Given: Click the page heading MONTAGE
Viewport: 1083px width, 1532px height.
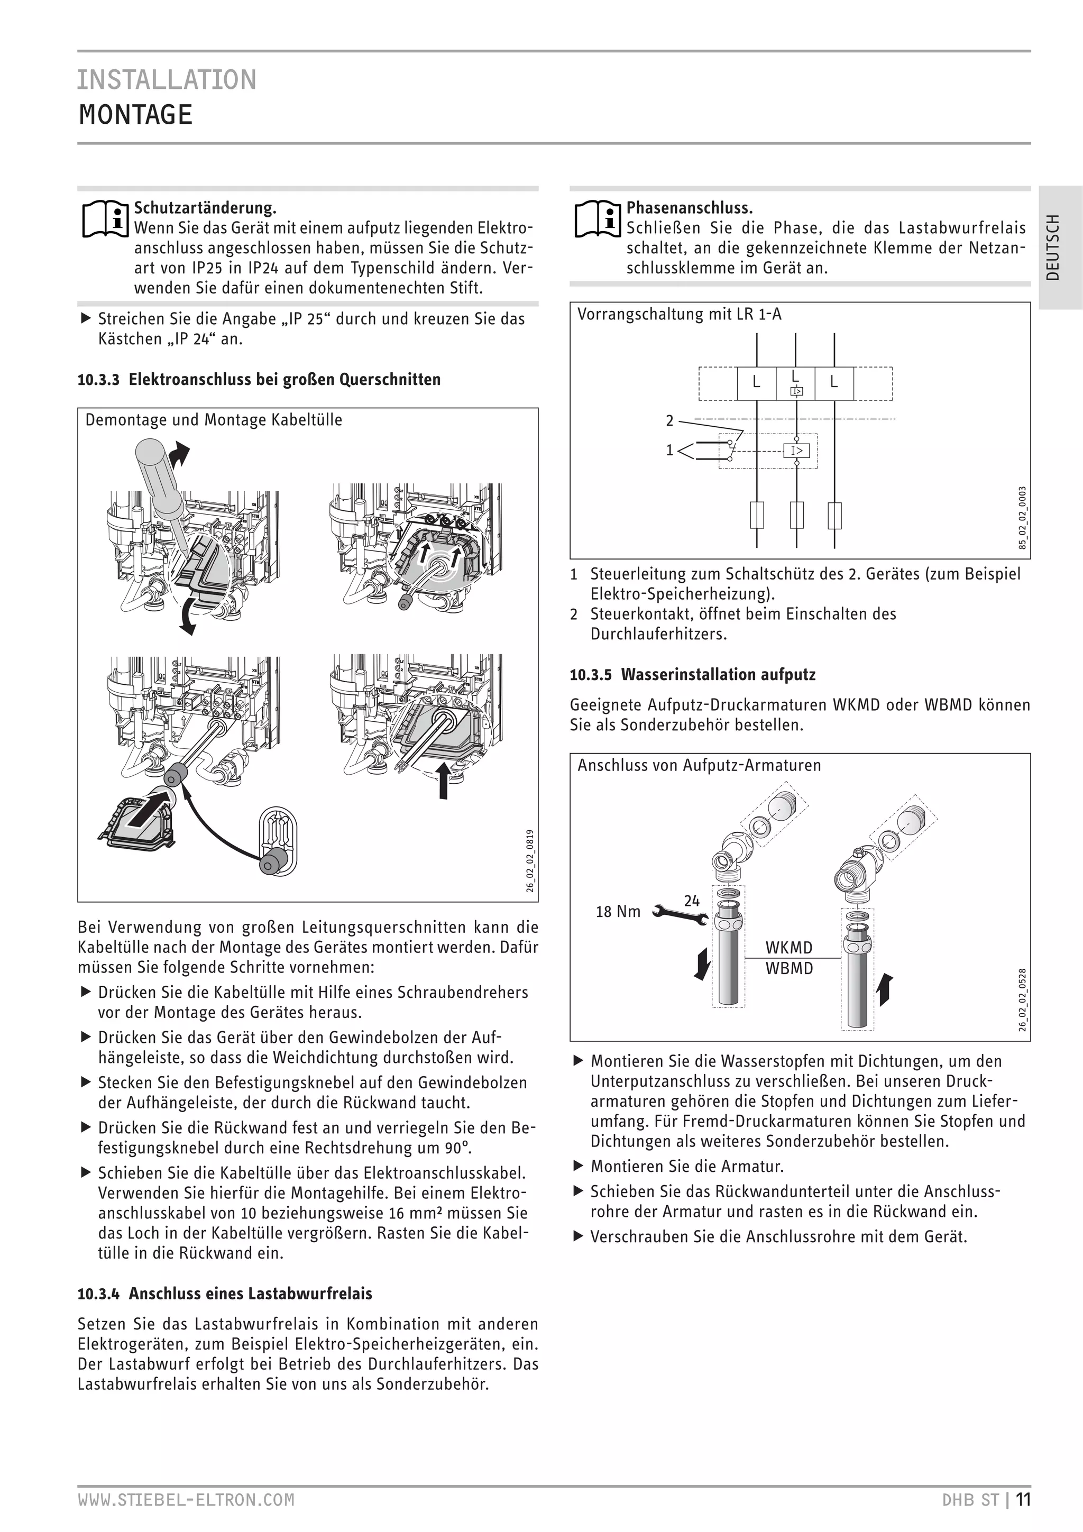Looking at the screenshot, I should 135,115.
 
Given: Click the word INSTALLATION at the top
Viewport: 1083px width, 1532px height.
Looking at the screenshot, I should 167,80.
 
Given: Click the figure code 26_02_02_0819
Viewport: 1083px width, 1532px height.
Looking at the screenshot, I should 530,861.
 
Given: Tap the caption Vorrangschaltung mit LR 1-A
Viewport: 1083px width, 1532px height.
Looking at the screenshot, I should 680,314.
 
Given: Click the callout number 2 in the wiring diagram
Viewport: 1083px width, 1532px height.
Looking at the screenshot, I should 670,420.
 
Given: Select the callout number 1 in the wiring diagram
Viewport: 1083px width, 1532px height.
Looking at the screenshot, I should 670,451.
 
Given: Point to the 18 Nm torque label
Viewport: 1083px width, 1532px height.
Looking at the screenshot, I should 618,912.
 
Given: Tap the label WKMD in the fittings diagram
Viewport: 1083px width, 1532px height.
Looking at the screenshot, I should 789,948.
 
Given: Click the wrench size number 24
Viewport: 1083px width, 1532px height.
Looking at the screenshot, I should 692,901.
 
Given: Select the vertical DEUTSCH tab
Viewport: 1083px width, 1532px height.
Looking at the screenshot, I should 1052,247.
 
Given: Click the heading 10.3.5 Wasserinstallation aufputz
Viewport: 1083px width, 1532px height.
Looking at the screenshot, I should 693,675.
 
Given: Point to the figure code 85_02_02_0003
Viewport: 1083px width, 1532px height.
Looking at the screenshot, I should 1022,518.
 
